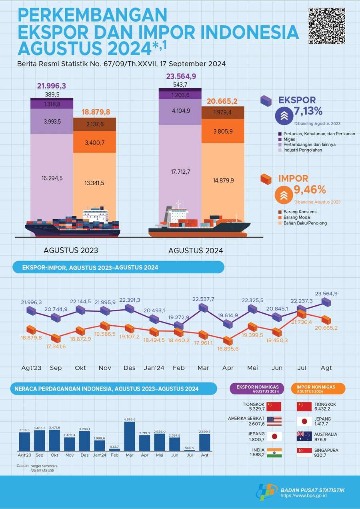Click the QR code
tap(327, 26)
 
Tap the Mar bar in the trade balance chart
tap(130, 436)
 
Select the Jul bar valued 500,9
tap(190, 450)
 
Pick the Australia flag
tap(304, 436)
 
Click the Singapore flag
tap(304, 453)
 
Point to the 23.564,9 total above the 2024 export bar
tap(181, 76)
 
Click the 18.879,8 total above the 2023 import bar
tap(96, 112)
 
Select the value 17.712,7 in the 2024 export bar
tap(180, 172)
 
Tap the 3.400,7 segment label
tap(95, 143)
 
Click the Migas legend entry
tap(287, 139)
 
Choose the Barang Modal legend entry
tap(294, 217)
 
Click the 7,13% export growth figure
tap(308, 111)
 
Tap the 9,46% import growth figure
tap(310, 189)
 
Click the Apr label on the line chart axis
tap(228, 368)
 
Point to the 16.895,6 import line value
tap(228, 349)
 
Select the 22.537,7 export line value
tap(203, 299)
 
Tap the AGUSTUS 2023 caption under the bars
tap(71, 250)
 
